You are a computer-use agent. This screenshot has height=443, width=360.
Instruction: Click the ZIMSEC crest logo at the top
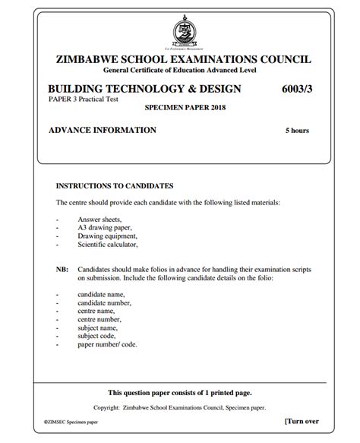pos(182,33)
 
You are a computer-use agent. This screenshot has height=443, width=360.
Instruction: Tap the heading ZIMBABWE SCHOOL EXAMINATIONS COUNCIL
pos(182,60)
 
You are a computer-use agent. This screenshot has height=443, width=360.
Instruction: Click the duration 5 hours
pos(297,131)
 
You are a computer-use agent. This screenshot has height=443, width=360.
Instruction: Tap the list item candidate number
pos(105,302)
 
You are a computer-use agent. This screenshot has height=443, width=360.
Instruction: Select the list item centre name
pos(96,311)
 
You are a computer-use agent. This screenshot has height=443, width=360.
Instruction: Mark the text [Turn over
pos(302,421)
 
